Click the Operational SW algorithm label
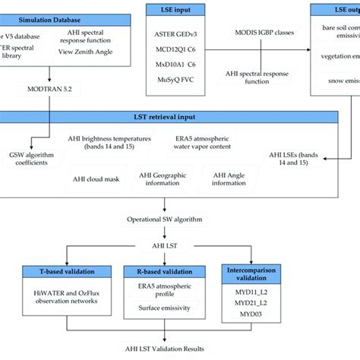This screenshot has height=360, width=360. point(165,219)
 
